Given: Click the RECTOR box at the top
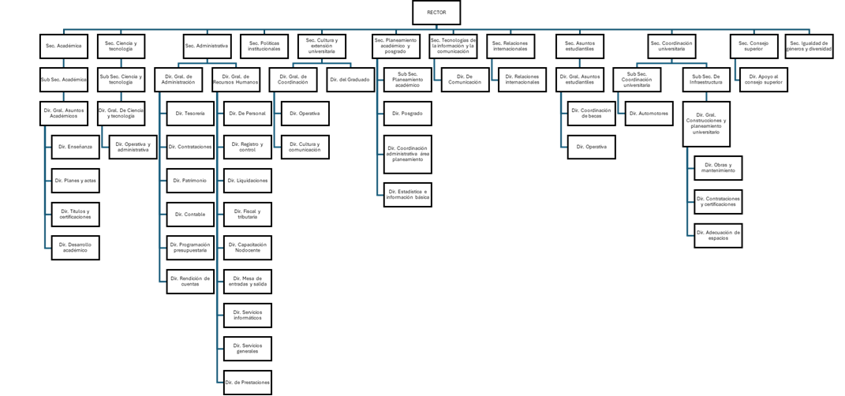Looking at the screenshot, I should coord(436,13).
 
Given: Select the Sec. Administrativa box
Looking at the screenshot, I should coord(207,46).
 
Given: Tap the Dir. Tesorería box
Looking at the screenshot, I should coord(190,114).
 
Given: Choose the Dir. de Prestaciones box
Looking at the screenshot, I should coord(248,383).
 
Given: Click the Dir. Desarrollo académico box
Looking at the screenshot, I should coord(75,248).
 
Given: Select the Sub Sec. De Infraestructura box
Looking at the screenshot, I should coord(705,80).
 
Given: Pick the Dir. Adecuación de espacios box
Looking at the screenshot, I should coord(718,235).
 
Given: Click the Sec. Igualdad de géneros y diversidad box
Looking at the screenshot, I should coord(809,46).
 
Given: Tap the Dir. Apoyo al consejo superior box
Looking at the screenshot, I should coord(764,80).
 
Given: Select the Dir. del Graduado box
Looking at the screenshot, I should coord(350,80).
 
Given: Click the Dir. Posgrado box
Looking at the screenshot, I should coord(407,114).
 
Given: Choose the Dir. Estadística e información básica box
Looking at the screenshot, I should coord(407,194).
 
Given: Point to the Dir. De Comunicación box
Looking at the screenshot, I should coord(465,80).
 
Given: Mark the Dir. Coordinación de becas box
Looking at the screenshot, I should coord(591,114).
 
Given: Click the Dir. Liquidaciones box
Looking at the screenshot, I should coord(248,181).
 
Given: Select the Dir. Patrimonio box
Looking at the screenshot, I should coord(190,181).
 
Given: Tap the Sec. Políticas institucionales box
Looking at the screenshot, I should coord(264,46).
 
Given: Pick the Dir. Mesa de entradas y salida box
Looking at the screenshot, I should coord(248,282).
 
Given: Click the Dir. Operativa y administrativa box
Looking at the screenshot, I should coord(133,148).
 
